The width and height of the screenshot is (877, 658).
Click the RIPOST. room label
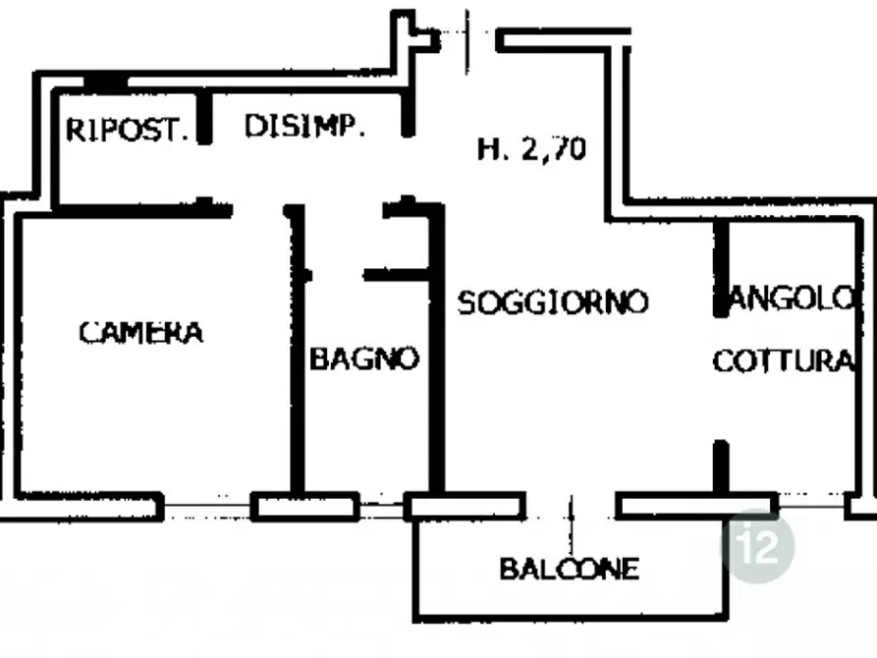(x=127, y=130)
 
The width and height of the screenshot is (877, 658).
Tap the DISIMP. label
(x=304, y=126)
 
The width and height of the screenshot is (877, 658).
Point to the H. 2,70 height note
(x=532, y=149)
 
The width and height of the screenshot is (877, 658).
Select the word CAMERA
(x=141, y=332)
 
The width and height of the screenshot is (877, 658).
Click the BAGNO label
(x=364, y=358)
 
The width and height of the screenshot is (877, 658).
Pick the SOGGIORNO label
(x=553, y=302)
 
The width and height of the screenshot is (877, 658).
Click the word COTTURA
(x=783, y=360)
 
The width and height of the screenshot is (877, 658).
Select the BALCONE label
(x=569, y=569)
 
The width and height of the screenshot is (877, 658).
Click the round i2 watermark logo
(x=758, y=545)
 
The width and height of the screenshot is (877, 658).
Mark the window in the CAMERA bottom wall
(x=207, y=506)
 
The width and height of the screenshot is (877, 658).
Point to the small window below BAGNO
(x=381, y=508)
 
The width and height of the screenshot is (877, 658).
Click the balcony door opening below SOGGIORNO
(x=571, y=507)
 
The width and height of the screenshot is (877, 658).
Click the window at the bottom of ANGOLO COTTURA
(x=811, y=507)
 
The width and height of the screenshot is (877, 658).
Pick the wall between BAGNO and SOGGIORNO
(x=436, y=350)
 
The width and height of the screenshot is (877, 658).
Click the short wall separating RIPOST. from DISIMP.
(x=205, y=118)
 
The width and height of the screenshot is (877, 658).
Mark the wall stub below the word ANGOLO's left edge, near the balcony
(x=722, y=467)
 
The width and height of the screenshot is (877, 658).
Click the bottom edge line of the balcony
(x=571, y=617)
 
